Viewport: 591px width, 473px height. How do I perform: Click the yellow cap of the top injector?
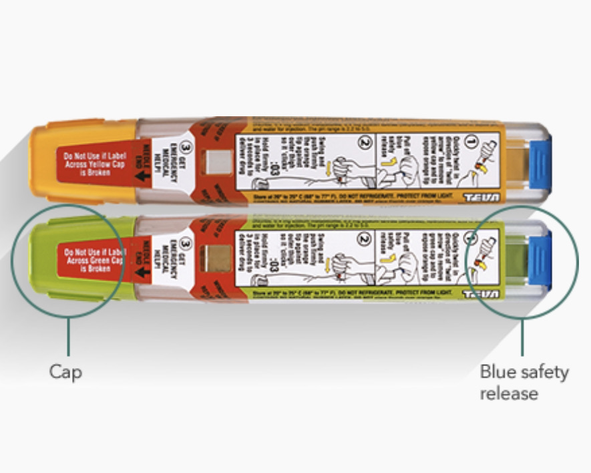coord(47,160)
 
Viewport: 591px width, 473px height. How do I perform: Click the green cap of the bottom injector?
coord(47,257)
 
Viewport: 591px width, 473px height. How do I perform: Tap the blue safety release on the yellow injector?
coord(540,160)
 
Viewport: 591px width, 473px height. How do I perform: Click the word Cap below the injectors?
coord(65,371)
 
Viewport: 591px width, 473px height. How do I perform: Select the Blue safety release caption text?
coord(524,382)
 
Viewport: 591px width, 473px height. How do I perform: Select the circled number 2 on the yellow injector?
coord(363,142)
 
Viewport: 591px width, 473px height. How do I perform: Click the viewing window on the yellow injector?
coord(216,161)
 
